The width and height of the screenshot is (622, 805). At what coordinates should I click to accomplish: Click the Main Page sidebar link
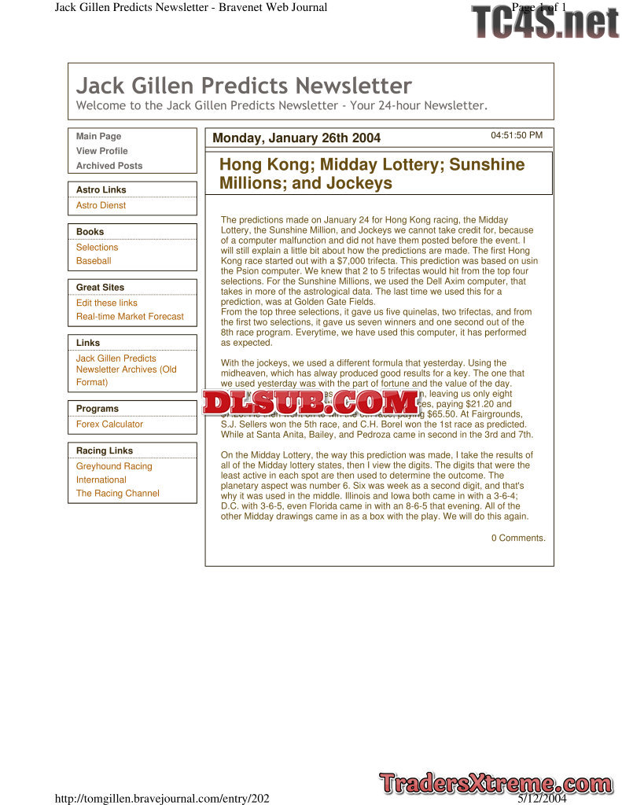point(99,137)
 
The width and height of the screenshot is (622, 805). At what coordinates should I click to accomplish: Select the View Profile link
point(102,151)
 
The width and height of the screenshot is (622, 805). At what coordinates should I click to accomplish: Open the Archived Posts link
point(109,166)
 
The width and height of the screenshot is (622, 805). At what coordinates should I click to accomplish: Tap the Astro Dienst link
point(101,205)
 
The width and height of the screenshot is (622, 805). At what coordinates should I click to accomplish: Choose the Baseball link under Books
point(94,261)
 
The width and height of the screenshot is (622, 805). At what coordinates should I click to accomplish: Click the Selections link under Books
point(97,247)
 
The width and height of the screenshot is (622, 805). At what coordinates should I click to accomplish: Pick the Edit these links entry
point(107,303)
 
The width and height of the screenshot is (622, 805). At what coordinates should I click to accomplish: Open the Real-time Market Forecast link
point(130,317)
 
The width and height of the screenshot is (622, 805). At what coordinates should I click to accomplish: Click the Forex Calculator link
point(109,424)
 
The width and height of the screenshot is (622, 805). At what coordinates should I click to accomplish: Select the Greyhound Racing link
point(114,466)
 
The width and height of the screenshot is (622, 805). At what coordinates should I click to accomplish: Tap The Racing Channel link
point(117,494)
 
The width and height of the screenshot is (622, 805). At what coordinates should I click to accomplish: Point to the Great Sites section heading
point(100,288)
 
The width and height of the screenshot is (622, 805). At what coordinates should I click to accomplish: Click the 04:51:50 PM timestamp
point(517,135)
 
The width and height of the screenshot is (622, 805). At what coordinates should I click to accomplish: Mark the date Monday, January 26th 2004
point(296,138)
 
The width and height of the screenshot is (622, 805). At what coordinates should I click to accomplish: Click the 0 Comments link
point(518,538)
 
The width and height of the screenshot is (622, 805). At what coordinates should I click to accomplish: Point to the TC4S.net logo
point(546,22)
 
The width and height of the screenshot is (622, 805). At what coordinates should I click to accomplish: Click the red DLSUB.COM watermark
point(311,402)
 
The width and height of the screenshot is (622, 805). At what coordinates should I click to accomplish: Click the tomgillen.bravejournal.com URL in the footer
point(162,799)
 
